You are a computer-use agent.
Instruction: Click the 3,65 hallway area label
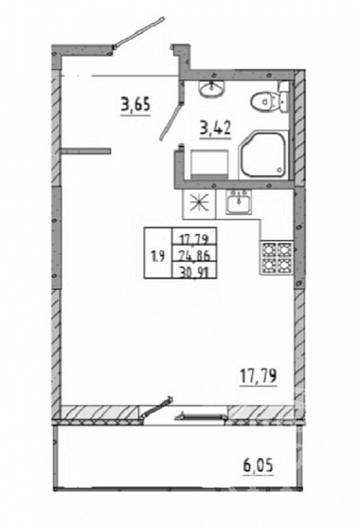[x=135, y=104]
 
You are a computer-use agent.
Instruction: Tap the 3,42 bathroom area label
[x=215, y=128]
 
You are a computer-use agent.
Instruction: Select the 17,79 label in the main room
[x=259, y=375]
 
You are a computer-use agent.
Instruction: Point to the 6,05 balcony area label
[x=258, y=466]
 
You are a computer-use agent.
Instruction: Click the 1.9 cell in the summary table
[x=158, y=257]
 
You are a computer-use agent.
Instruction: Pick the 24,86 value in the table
[x=194, y=256]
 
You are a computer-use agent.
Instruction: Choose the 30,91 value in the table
[x=194, y=271]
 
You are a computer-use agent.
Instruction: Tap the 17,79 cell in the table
[x=194, y=240]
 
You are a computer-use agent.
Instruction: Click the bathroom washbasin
[x=211, y=88]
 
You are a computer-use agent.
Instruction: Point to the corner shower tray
[x=263, y=155]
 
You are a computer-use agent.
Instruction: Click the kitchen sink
[x=238, y=202]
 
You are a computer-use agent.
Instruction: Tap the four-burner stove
[x=277, y=258]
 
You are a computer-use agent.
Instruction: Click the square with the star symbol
[x=199, y=203]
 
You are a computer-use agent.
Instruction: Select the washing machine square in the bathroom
[x=209, y=164]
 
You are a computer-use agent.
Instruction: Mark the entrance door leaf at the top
[x=139, y=32]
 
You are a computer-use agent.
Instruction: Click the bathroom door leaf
[x=172, y=120]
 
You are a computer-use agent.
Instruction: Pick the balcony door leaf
[x=156, y=408]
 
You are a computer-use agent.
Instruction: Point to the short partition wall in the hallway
[x=86, y=151]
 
